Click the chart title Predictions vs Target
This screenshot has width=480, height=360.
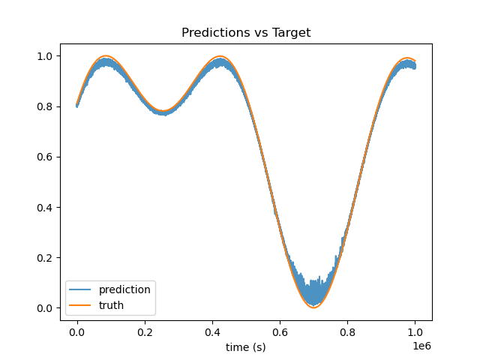click(246, 32)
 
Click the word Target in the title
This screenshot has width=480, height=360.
click(291, 32)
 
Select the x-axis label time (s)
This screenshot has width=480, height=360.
click(246, 347)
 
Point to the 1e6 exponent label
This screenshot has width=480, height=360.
click(421, 346)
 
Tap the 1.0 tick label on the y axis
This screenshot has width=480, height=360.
click(45, 56)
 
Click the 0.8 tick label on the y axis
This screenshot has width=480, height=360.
click(45, 106)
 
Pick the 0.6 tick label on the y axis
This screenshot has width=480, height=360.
click(45, 157)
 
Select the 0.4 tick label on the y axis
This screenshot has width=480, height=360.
click(45, 208)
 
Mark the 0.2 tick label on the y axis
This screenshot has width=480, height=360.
click(45, 258)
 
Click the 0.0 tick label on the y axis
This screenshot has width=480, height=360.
click(45, 308)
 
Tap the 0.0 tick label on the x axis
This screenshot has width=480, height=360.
click(77, 332)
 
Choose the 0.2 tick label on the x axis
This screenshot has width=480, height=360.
click(145, 332)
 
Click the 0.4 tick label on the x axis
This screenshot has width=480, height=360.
click(212, 332)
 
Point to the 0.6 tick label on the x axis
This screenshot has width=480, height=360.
click(280, 332)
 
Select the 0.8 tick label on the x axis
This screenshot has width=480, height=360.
click(347, 332)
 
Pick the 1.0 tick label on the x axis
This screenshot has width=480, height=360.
click(415, 332)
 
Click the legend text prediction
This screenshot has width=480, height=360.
click(124, 290)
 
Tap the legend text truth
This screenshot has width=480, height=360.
click(111, 305)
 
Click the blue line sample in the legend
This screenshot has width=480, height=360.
click(80, 289)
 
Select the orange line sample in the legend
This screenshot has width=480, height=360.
click(80, 305)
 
